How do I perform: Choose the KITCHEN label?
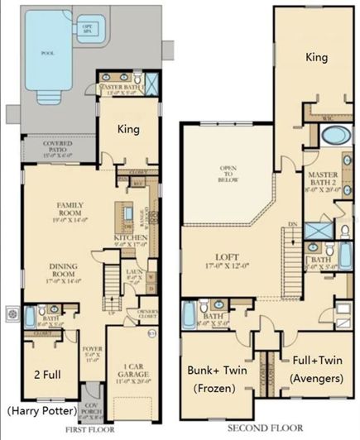click(130, 241)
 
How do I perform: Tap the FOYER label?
click(92, 356)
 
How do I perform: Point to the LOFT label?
click(236, 264)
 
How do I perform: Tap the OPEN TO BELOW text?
click(228, 175)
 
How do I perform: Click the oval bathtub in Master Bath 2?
click(332, 136)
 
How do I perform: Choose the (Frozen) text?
click(217, 389)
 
